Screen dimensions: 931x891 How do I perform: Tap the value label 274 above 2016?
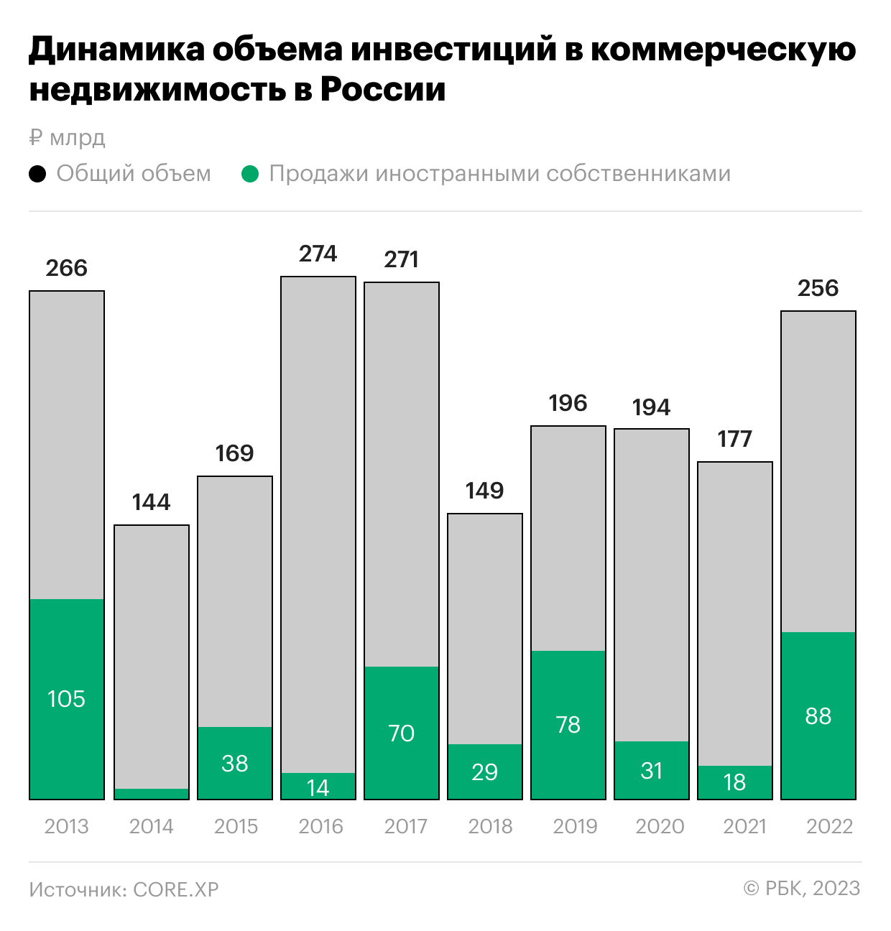[x=318, y=254]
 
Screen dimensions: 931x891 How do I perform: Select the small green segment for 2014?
[x=152, y=794]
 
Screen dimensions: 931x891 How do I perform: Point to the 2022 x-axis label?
[x=829, y=826]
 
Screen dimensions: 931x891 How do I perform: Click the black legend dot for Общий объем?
[x=37, y=174]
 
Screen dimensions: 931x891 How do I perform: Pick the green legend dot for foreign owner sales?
[x=250, y=174]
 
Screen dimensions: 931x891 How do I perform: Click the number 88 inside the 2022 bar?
[x=818, y=716]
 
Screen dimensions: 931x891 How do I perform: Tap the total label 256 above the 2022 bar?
[x=818, y=288]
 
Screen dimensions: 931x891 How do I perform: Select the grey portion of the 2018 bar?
[x=485, y=629]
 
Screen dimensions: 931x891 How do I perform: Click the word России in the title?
[x=383, y=90]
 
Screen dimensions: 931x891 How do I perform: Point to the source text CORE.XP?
[x=176, y=889]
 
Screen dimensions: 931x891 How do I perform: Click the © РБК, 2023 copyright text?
[x=801, y=889]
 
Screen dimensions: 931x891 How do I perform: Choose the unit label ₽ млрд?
[x=68, y=137]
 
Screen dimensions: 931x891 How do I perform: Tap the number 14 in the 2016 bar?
[x=318, y=788]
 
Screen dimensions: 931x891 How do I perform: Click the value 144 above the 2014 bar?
[x=151, y=502]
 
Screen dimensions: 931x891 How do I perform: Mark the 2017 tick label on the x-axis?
[x=405, y=826]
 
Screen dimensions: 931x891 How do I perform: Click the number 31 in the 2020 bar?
[x=652, y=771]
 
